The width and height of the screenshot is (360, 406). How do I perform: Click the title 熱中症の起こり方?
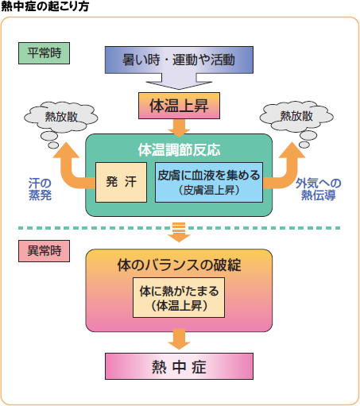pyautogui.click(x=45, y=6)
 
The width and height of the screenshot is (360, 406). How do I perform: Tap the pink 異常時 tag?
pyautogui.click(x=44, y=252)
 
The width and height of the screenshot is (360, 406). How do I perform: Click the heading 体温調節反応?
pyautogui.click(x=180, y=147)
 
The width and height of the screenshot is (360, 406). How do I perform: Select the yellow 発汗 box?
pyautogui.click(x=121, y=182)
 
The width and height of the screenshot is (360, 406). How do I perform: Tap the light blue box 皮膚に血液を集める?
pyautogui.click(x=209, y=182)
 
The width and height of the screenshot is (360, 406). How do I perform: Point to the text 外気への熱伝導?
pyautogui.click(x=318, y=189)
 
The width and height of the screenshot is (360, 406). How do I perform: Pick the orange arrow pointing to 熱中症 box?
pyautogui.click(x=180, y=339)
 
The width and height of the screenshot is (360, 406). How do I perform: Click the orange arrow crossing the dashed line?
pyautogui.click(x=180, y=231)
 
